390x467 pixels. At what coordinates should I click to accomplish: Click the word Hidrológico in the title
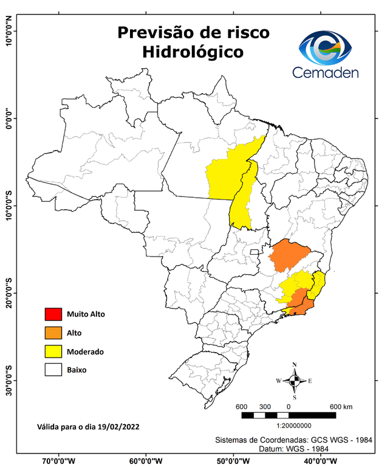(193, 52)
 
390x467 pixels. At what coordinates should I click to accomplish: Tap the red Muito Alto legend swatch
(53, 314)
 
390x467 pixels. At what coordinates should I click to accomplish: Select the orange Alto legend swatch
(53, 333)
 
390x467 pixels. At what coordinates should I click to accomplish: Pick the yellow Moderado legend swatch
(53, 351)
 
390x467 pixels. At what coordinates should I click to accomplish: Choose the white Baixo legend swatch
(53, 370)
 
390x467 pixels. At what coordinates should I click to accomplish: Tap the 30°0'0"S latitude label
(9, 380)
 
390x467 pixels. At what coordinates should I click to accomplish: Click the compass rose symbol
(294, 381)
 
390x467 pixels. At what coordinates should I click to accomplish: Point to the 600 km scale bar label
(340, 406)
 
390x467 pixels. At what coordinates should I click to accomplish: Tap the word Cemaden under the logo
(326, 73)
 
